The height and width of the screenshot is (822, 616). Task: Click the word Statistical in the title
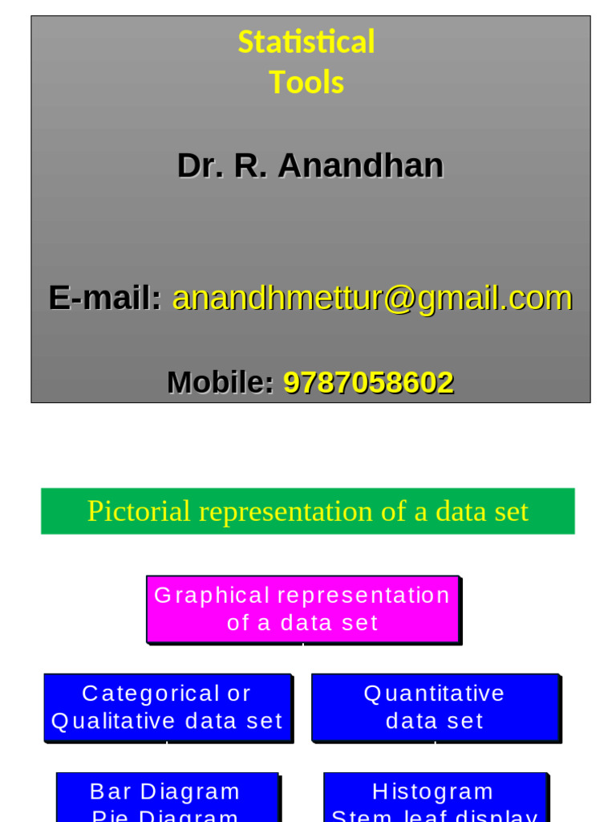click(x=306, y=42)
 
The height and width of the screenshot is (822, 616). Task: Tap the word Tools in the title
click(x=306, y=83)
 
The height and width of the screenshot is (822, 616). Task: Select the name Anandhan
click(x=360, y=166)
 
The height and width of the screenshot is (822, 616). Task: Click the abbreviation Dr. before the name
click(x=201, y=166)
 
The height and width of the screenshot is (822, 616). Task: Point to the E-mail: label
click(x=105, y=298)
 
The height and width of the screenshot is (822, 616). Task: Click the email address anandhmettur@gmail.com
click(x=372, y=298)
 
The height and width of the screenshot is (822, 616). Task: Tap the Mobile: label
click(x=220, y=383)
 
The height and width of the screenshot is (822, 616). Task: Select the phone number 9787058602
click(x=368, y=383)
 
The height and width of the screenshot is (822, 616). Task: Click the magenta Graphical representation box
click(x=302, y=609)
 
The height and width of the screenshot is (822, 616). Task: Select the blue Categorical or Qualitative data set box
click(x=167, y=707)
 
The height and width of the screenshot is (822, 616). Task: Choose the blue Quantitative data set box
click(x=435, y=707)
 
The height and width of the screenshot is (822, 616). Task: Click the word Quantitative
click(x=435, y=694)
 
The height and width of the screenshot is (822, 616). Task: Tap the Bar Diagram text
click(x=165, y=791)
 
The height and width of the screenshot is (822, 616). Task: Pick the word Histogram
click(x=433, y=791)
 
